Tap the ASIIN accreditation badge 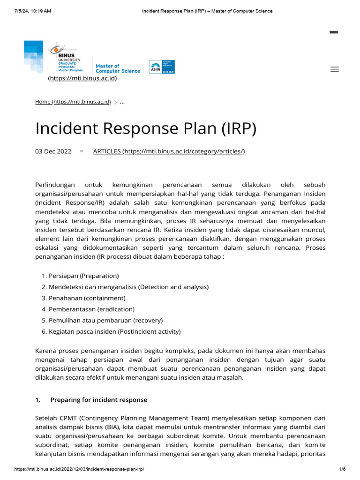(x=162, y=67)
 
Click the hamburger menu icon (x=334, y=69)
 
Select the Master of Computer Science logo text (x=118, y=68)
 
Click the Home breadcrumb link (x=73, y=102)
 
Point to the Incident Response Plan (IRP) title (x=146, y=128)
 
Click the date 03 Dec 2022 (x=53, y=151)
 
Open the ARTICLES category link (x=169, y=151)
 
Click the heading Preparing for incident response (x=98, y=400)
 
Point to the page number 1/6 (x=342, y=469)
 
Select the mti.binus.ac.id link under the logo (x=82, y=78)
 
